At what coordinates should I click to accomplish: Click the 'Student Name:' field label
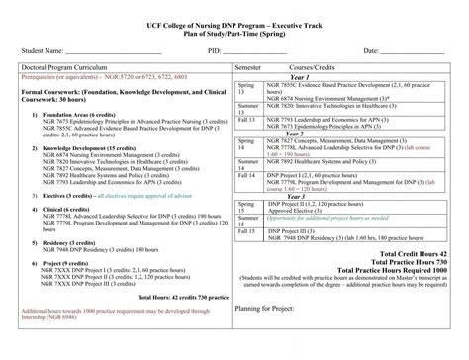[x=40, y=49]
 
